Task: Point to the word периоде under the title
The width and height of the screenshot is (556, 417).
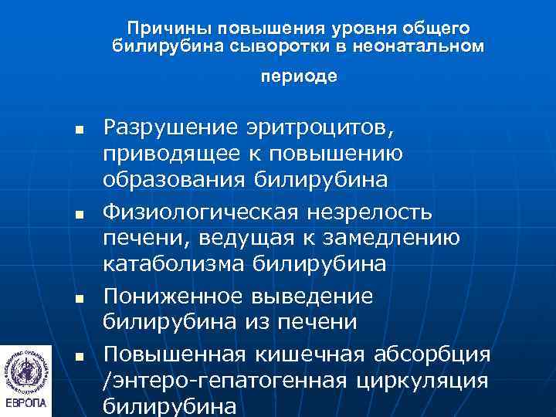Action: coord(299,77)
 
